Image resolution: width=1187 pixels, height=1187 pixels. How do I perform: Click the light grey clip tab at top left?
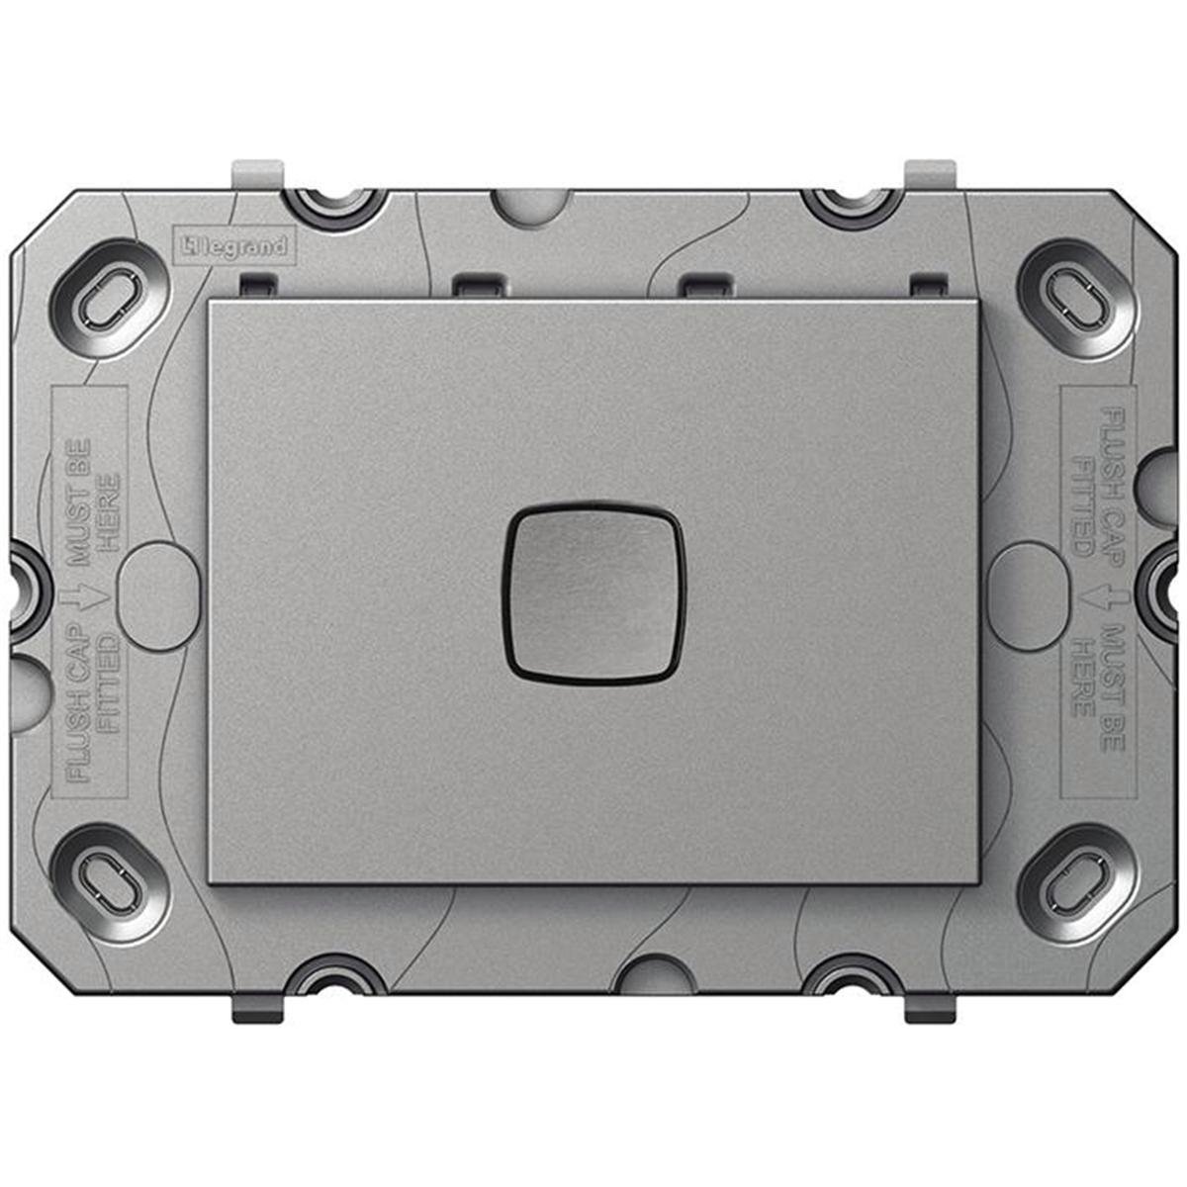tap(256, 172)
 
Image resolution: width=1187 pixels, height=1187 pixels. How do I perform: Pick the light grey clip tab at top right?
tap(931, 172)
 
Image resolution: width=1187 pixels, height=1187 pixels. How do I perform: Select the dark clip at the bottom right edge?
tap(932, 1008)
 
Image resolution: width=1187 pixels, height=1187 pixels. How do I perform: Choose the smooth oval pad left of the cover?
tap(152, 593)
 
